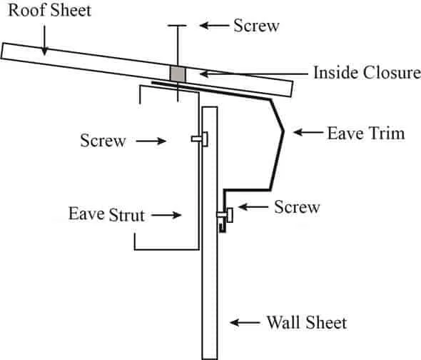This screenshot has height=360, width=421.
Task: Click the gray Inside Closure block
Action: click(x=178, y=74)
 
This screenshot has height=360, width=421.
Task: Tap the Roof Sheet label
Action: click(x=50, y=11)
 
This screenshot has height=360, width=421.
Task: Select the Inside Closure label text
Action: click(x=367, y=73)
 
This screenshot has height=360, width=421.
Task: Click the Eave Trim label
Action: click(x=366, y=134)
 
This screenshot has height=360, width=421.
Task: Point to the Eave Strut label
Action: click(x=107, y=214)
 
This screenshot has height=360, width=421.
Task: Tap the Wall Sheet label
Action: click(x=307, y=322)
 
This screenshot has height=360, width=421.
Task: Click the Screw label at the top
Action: click(x=256, y=26)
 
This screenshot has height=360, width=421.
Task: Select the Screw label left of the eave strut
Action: click(x=103, y=140)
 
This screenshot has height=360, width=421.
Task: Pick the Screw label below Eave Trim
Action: click(x=297, y=206)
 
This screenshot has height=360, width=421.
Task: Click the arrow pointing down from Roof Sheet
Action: click(x=44, y=40)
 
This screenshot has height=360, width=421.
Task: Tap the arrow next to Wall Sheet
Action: click(x=245, y=322)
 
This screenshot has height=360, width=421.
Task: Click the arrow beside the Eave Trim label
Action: click(x=308, y=132)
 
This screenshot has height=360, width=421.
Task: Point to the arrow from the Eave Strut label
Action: click(x=166, y=215)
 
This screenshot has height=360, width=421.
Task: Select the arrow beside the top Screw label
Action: click(x=214, y=26)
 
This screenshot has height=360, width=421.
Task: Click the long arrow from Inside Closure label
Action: click(x=254, y=74)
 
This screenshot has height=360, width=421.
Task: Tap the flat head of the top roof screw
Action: click(x=177, y=26)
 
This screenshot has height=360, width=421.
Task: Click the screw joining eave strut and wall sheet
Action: click(x=200, y=139)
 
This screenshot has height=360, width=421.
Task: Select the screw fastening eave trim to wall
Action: click(x=225, y=215)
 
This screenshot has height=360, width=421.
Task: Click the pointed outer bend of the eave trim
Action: click(x=283, y=131)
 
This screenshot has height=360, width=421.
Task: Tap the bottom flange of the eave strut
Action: click(x=166, y=249)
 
